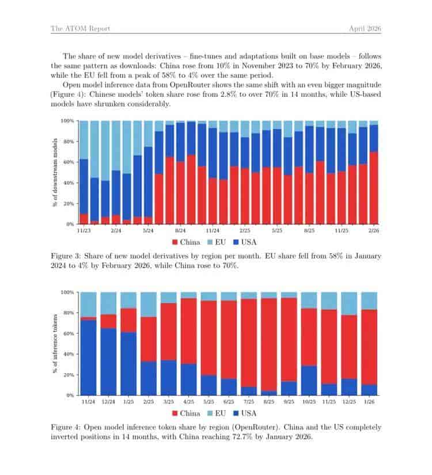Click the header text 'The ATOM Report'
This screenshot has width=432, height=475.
pos(80,28)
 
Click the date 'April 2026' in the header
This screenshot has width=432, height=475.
pos(365,28)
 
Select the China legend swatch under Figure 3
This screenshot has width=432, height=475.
pos(175,242)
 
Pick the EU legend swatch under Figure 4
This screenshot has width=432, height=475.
pos(210,413)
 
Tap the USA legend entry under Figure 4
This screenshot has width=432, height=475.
pos(245,413)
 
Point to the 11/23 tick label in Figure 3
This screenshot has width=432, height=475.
pos(84,230)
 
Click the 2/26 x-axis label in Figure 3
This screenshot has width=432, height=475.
pos(374,230)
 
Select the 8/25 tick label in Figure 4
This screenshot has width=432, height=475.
pos(269,402)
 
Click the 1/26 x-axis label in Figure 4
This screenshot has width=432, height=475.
pos(369,402)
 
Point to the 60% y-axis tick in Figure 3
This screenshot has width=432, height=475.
pos(69,162)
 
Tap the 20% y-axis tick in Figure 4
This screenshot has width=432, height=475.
pos(69,375)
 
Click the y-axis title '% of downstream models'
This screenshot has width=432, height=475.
pos(55,172)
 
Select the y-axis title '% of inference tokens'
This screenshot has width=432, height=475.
pos(55,344)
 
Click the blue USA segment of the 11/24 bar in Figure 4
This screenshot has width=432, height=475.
pos(88,358)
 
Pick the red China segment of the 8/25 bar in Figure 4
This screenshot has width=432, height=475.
pos(269,344)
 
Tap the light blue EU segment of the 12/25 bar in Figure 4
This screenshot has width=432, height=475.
pos(349,303)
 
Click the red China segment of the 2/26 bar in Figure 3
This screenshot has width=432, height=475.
pos(374,188)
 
